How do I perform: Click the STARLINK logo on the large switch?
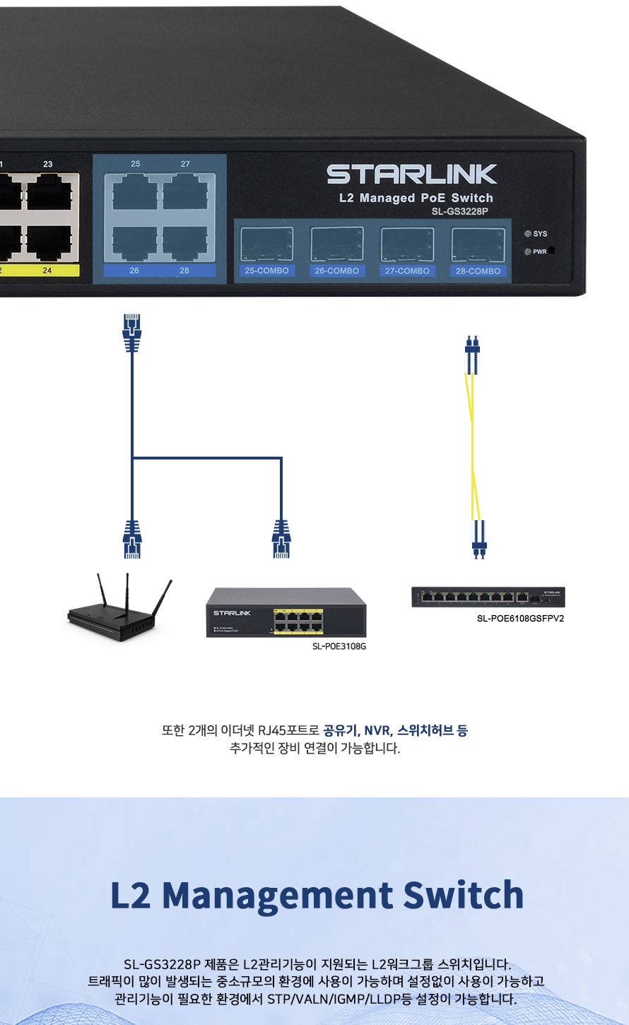coord(412,175)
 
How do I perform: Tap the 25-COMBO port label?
coord(266,271)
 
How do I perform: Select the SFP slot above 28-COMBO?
coord(478,244)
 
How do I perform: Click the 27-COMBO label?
coord(407,271)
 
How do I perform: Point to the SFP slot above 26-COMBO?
coord(337,244)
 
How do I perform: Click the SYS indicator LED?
coord(527,233)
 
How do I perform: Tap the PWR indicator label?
coord(540,252)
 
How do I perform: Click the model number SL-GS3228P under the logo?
coord(460,211)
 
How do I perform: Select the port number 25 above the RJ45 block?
coord(136,164)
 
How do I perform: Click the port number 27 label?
coord(185,164)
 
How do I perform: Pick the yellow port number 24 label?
coord(47,271)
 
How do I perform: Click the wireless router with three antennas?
coord(120,607)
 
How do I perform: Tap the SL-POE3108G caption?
coord(339,646)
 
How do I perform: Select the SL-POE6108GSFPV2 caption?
coord(520,619)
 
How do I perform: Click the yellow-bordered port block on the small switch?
coord(298,621)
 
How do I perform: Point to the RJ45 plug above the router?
coord(132,539)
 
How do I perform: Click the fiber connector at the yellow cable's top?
coord(472,355)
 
